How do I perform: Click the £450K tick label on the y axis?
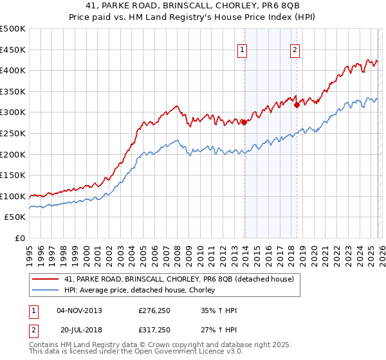point(13,50)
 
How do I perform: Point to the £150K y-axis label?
point(13,175)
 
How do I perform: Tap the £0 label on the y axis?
point(19,238)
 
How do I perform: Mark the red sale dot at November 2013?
point(244,122)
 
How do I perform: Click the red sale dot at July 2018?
point(297,105)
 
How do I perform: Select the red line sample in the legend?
point(45,279)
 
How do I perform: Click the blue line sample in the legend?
point(45,291)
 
